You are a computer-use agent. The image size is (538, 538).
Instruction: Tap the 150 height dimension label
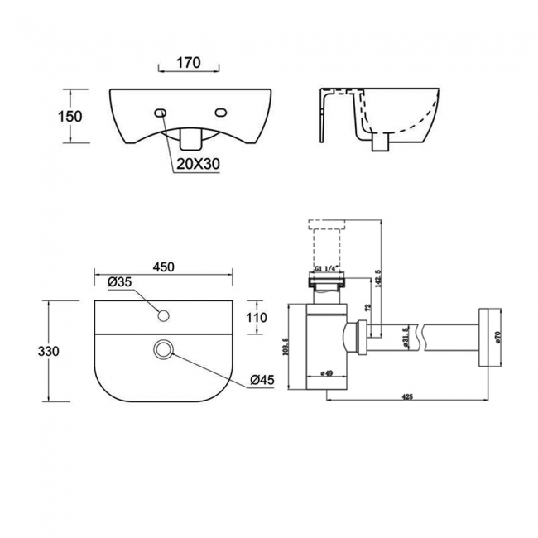tap(71, 116)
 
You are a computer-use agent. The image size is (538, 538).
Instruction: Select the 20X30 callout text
tap(197, 164)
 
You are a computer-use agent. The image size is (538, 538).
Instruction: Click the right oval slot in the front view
tap(221, 113)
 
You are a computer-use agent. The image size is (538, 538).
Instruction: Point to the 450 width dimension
tap(163, 267)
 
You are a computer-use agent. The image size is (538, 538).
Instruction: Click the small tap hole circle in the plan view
tap(163, 314)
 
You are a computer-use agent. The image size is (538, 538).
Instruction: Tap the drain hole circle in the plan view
tap(163, 352)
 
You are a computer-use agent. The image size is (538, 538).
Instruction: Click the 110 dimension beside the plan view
tap(257, 317)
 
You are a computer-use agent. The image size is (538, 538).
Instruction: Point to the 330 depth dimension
tap(48, 351)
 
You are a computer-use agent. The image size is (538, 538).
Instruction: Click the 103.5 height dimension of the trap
tap(286, 343)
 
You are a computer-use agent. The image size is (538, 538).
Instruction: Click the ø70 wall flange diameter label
tap(497, 337)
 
